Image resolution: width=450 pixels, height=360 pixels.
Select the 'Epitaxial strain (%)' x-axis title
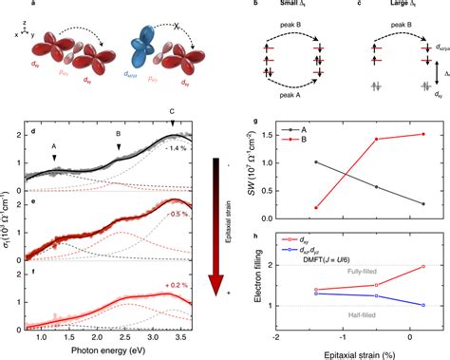point(356,351)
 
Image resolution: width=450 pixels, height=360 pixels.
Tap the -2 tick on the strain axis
point(274,337)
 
